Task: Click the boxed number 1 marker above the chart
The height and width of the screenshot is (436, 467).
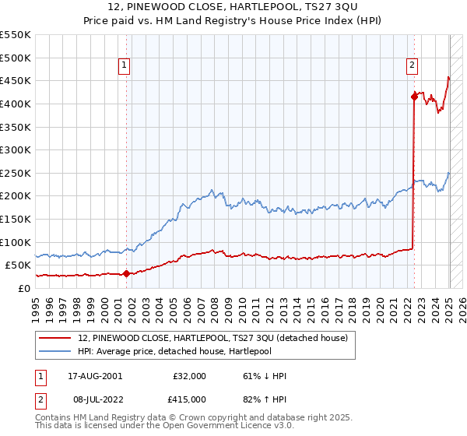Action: [x=126, y=66]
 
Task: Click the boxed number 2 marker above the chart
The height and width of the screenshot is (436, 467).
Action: [x=412, y=66]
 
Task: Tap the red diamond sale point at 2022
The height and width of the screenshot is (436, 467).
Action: [x=414, y=97]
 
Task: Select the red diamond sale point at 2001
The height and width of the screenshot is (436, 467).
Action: [x=126, y=273]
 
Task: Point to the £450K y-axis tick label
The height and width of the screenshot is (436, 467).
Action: [x=16, y=80]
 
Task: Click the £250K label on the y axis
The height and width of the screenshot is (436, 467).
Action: [x=16, y=173]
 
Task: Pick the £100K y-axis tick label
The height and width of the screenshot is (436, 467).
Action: [x=16, y=242]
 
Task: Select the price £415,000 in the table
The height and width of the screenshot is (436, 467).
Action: [x=189, y=399]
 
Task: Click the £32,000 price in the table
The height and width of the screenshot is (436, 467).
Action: [x=189, y=376]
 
